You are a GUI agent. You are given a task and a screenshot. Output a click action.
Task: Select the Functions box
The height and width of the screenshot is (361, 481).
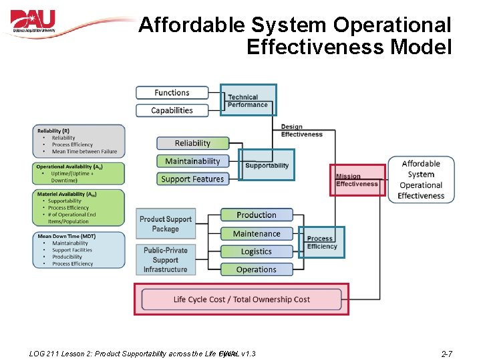172,93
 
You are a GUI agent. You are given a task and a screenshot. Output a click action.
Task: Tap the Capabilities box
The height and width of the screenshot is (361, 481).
172,110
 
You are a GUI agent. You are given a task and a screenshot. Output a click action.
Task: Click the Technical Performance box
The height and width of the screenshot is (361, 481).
248,100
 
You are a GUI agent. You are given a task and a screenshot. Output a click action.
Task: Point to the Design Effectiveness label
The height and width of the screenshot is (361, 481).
301,130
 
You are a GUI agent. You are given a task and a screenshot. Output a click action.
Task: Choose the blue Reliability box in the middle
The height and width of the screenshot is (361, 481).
192,143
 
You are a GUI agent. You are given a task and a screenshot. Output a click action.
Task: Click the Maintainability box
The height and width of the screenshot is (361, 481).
192,161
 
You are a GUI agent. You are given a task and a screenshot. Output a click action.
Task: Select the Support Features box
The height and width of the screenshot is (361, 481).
192,179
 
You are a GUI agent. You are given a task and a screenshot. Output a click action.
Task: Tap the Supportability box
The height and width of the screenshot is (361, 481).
267,165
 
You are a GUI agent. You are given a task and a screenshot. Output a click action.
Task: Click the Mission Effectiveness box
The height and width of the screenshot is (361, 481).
357,180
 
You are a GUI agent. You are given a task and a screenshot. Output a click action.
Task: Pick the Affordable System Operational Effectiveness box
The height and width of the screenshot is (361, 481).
421,179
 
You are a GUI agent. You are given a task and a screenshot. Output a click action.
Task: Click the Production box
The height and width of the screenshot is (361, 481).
257,215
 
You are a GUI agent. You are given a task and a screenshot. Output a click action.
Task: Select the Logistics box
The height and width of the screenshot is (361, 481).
257,252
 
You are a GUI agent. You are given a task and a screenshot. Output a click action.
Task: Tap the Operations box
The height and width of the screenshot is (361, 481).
257,270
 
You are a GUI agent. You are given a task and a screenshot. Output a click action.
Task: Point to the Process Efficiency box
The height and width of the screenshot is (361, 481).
321,243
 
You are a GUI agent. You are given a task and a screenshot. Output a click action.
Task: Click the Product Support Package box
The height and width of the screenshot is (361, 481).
166,224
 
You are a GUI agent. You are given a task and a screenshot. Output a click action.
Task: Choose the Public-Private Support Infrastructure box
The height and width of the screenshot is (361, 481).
166,260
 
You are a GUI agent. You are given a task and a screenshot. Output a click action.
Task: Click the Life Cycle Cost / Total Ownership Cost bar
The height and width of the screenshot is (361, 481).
241,299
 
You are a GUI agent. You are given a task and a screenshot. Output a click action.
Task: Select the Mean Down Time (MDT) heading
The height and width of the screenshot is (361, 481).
66,236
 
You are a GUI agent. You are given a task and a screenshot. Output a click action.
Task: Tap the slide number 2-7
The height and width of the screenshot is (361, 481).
446,353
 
